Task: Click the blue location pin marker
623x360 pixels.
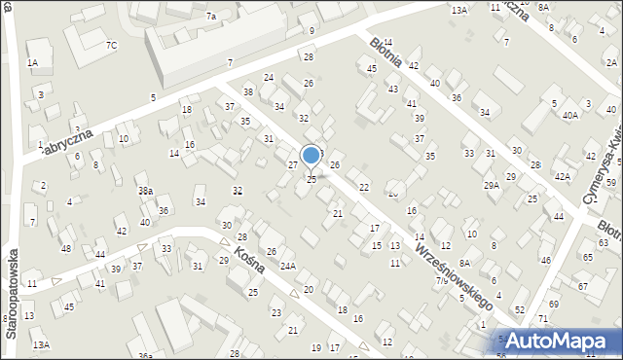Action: [x=311, y=156]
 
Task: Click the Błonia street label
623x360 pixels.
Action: [x=385, y=55]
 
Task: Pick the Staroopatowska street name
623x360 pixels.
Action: [x=12, y=293]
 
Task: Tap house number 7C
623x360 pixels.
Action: [x=111, y=45]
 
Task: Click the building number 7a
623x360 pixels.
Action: [x=210, y=16]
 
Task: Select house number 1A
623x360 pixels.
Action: [x=32, y=62]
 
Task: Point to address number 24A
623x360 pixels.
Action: [x=288, y=266]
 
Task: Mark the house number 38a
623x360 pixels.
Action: [x=145, y=191]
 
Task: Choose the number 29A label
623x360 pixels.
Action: [x=492, y=185]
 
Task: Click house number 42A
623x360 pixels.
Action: [x=563, y=176]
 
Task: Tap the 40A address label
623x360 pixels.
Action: [x=569, y=115]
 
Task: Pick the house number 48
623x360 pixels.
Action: [x=66, y=248]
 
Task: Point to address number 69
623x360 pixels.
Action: [x=554, y=305]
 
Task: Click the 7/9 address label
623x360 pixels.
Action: [x=443, y=281]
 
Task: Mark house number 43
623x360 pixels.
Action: [x=393, y=89]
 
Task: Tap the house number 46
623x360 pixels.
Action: [x=546, y=260]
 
